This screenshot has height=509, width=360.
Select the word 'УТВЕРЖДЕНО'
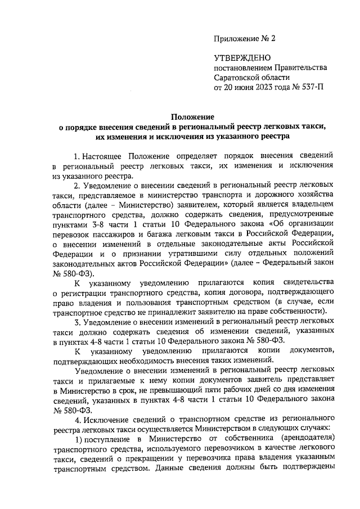tap(242, 58)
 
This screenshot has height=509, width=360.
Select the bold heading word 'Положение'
tap(194, 116)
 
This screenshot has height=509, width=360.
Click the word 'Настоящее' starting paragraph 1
tap(103, 155)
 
